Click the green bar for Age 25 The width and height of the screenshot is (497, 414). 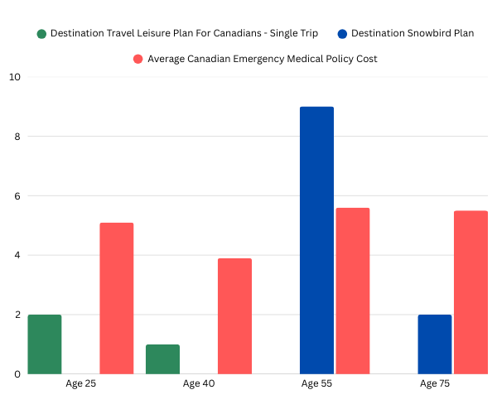pyautogui.click(x=44, y=344)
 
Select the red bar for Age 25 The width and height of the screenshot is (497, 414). pyautogui.click(x=117, y=298)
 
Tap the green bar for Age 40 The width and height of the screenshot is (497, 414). pyautogui.click(x=162, y=359)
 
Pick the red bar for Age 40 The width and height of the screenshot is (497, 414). pyautogui.click(x=235, y=316)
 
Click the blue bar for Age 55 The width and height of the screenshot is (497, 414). pyautogui.click(x=316, y=240)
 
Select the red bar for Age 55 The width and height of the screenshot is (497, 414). pyautogui.click(x=353, y=291)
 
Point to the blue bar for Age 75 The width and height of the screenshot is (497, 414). pyautogui.click(x=435, y=344)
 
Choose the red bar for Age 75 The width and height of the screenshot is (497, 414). pyautogui.click(x=470, y=292)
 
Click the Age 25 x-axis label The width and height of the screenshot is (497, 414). pyautogui.click(x=80, y=384)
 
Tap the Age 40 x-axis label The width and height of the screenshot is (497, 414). pyautogui.click(x=199, y=384)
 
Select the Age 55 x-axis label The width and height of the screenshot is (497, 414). pyautogui.click(x=317, y=384)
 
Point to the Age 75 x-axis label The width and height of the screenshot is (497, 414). pyautogui.click(x=436, y=384)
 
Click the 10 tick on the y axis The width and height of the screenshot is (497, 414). pyautogui.click(x=15, y=77)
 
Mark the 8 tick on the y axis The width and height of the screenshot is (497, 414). pyautogui.click(x=17, y=137)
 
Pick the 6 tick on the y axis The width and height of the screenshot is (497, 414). pyautogui.click(x=17, y=196)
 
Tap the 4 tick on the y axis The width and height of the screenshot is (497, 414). pyautogui.click(x=17, y=256)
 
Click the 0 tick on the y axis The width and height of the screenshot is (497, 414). pyautogui.click(x=17, y=374)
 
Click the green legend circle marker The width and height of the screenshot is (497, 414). pyautogui.click(x=41, y=34)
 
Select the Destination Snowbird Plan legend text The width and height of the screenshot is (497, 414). pyautogui.click(x=413, y=34)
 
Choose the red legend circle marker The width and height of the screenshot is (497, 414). pyautogui.click(x=138, y=59)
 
